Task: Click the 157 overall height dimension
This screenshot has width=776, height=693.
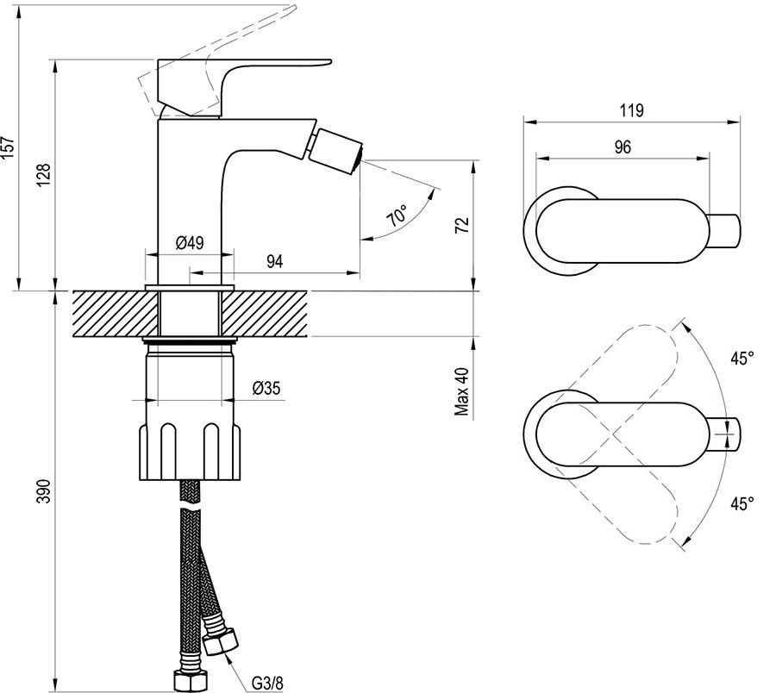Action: click(x=9, y=147)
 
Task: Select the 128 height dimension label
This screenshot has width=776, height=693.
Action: click(x=44, y=174)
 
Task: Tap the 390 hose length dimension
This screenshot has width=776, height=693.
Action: click(x=44, y=490)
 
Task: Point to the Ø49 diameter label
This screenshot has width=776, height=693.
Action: click(x=190, y=242)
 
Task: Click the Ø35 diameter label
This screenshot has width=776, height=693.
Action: click(x=266, y=388)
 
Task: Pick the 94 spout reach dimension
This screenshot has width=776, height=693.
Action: click(x=275, y=261)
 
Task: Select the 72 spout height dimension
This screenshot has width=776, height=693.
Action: click(x=461, y=225)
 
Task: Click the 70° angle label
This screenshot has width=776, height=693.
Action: click(x=397, y=215)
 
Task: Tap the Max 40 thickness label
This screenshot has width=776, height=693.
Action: click(x=461, y=391)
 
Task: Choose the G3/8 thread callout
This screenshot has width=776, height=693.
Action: click(x=267, y=684)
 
